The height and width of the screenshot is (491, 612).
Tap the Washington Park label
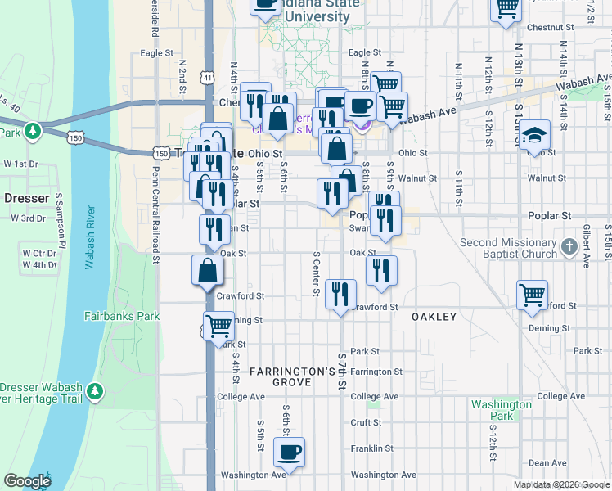[502, 410]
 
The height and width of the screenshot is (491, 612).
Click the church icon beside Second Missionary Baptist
[570, 245]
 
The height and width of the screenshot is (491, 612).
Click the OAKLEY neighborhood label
[434, 316]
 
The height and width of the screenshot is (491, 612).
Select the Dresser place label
[27, 198]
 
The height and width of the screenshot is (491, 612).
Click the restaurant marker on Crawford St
[340, 294]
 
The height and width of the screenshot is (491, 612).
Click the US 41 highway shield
[209, 78]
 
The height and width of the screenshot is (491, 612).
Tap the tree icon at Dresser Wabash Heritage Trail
[97, 392]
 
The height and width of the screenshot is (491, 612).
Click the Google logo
[27, 481]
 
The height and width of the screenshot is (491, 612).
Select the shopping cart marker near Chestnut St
[507, 7]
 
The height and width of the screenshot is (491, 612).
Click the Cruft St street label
[366, 423]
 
